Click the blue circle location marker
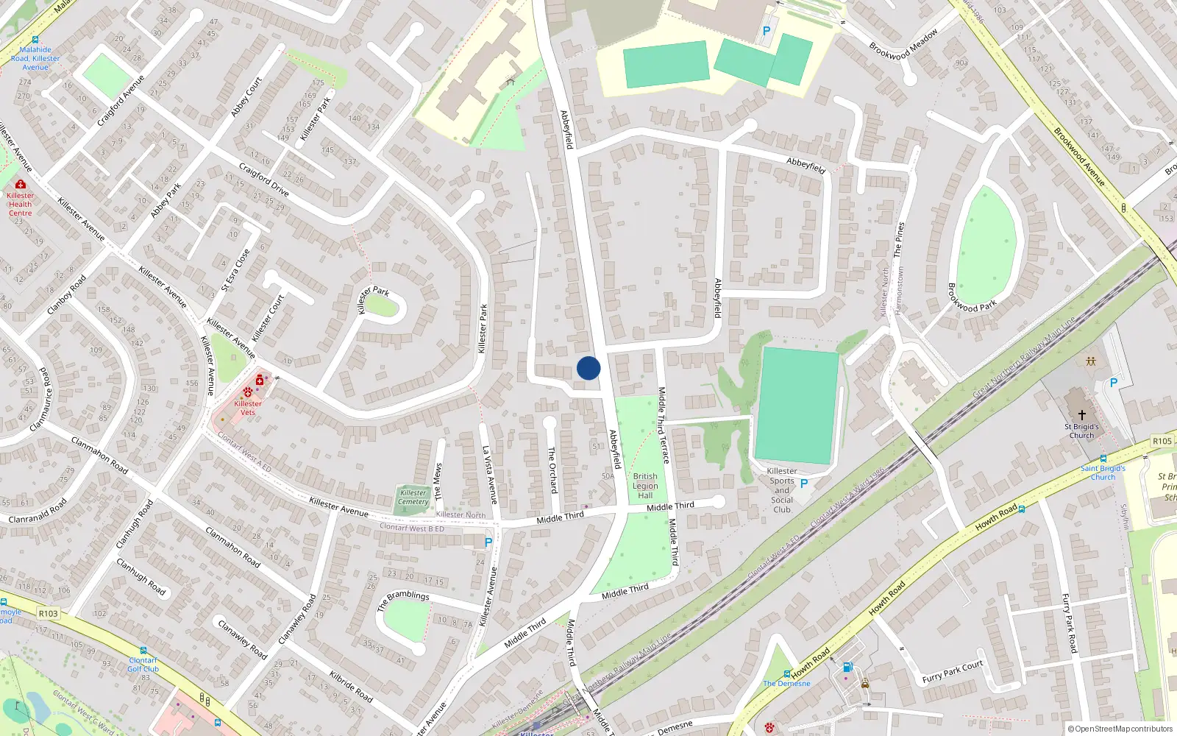coord(588,368)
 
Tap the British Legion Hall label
coord(645,486)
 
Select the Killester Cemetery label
coord(413,498)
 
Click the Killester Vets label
coord(248,408)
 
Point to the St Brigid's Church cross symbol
coord(1081,415)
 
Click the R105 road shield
coord(1162,441)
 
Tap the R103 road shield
coord(48,613)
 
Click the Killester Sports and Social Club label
coord(782,490)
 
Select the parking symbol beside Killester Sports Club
coord(804,484)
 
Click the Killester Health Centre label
coord(20,205)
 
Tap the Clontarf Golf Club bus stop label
coord(143,665)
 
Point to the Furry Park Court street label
coord(953,672)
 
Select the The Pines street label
coord(899,239)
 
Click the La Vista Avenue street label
coord(489,475)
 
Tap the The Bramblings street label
coord(402,600)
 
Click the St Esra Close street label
coord(236,269)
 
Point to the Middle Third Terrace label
coord(664,425)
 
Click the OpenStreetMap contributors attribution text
coord(1120,729)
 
